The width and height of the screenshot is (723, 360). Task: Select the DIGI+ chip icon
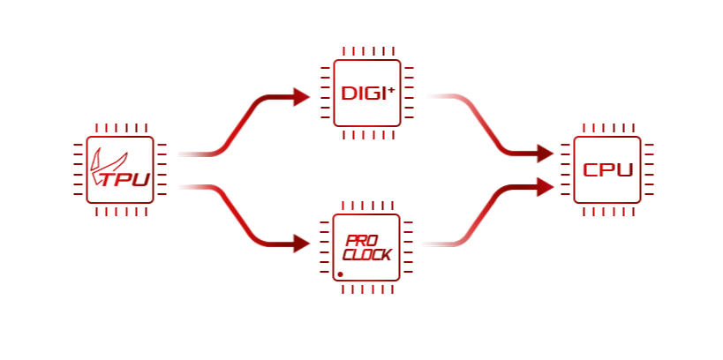coord(366,92)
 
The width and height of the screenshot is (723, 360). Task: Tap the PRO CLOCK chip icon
coord(366,247)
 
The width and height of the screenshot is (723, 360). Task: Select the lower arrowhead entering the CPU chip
coord(546,184)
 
